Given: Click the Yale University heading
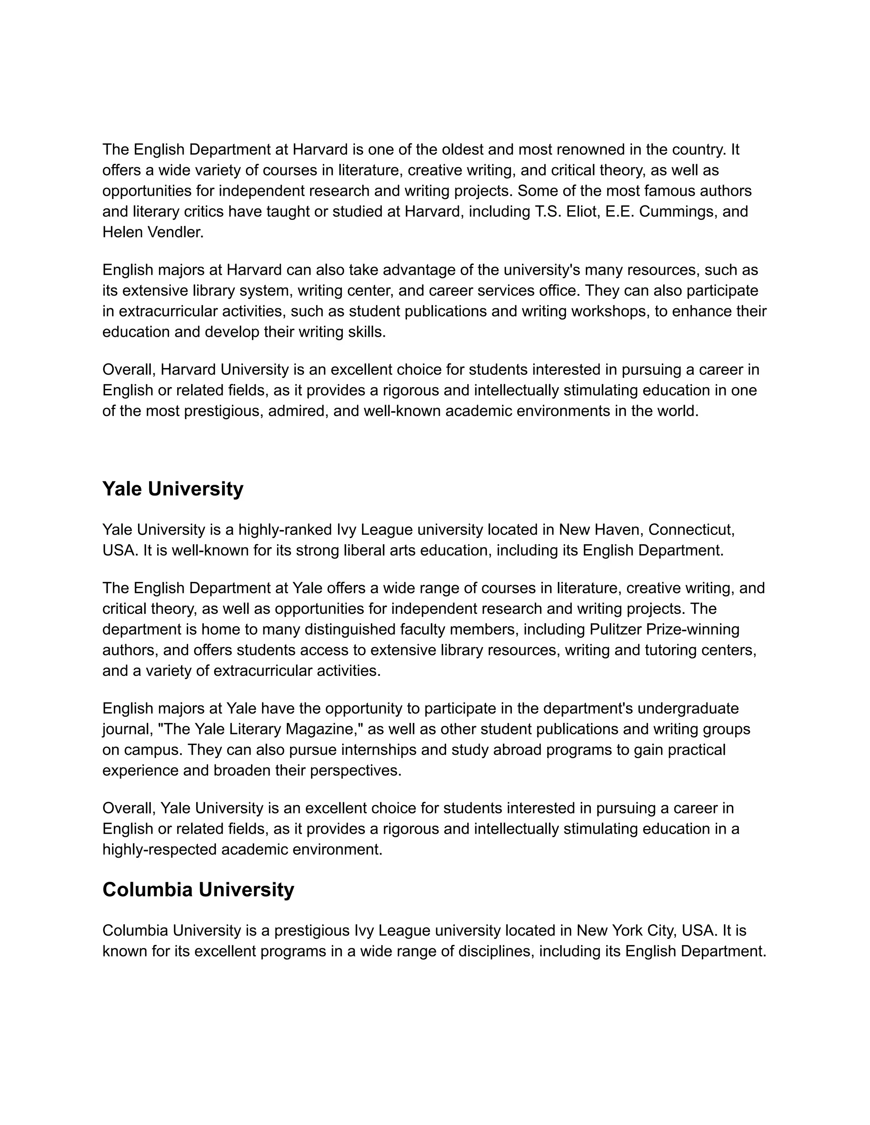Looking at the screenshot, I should point(172,489).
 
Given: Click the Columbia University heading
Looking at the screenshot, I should point(198,889).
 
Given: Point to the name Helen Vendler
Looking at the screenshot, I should point(153,232).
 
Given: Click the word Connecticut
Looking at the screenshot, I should point(691,529).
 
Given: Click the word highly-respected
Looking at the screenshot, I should point(160,849).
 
